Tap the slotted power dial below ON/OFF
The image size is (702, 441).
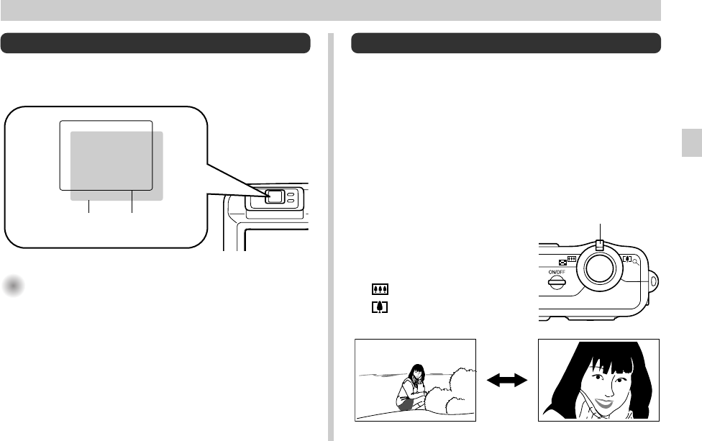556,283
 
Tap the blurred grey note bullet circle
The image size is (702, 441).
13,286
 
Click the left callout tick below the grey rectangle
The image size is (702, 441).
88,206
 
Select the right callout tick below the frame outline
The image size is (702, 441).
132,206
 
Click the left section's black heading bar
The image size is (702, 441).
155,43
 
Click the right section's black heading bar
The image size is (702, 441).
506,43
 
